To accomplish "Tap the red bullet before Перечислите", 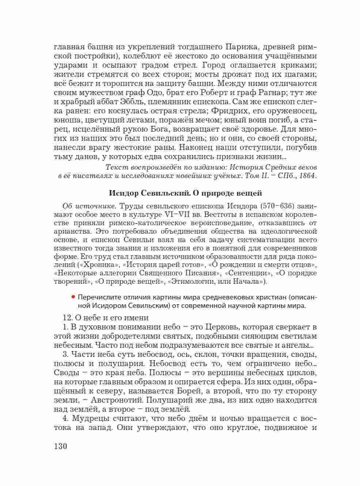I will (73, 297).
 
